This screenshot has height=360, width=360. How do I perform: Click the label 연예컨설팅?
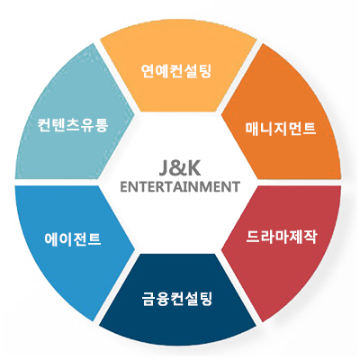(176, 71)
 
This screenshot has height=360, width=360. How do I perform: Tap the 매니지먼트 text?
(281, 129)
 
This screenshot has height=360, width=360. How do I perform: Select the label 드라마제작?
(281, 237)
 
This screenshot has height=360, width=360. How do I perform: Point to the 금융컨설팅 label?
(177, 299)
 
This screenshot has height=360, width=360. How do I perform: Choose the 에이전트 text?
(73, 239)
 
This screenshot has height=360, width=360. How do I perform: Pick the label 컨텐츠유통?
(73, 124)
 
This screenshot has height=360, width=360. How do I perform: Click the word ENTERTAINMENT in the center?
(180, 186)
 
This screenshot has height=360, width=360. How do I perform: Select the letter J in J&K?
(165, 169)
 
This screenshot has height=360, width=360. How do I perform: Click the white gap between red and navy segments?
(238, 288)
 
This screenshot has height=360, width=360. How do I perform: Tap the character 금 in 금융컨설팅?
(148, 299)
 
